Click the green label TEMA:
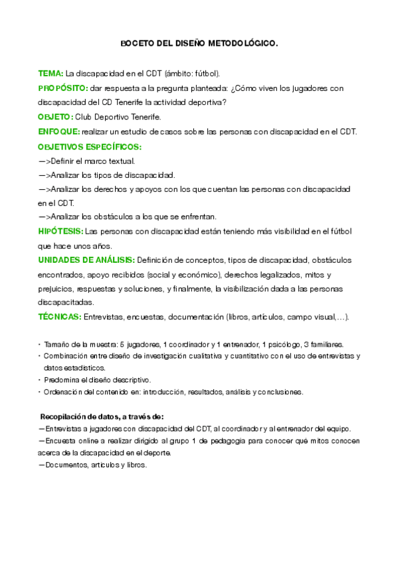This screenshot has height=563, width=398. [x=50, y=73]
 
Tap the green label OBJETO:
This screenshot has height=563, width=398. [x=56, y=117]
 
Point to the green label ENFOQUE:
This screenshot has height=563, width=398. [x=59, y=131]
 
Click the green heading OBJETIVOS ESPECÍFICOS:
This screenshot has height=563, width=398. [x=90, y=146]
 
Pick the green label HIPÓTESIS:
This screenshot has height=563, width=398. [x=60, y=231]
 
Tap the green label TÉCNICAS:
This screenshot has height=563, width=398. [x=60, y=317]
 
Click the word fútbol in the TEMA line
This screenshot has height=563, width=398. [x=206, y=73]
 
